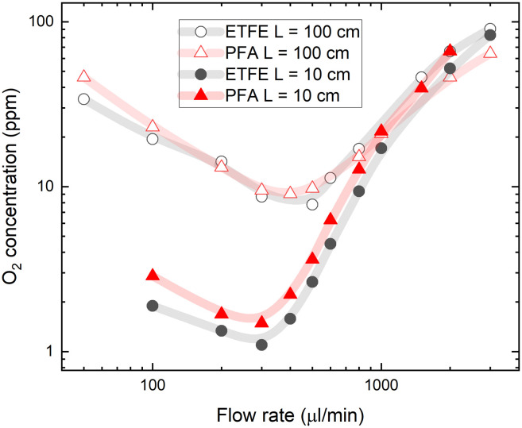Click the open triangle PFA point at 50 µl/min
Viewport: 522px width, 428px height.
[x=83, y=76]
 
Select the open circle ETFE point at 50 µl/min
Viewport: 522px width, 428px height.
[x=83, y=98]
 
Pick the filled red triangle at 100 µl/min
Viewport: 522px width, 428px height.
[x=153, y=275]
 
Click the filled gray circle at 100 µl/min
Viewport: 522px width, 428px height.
[x=153, y=306]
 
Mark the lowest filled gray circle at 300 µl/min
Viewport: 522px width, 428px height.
[x=261, y=345]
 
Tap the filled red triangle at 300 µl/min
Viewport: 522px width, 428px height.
[x=261, y=322]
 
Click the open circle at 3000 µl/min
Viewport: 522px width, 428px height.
[x=490, y=29]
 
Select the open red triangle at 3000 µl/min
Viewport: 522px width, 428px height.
[x=490, y=52]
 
